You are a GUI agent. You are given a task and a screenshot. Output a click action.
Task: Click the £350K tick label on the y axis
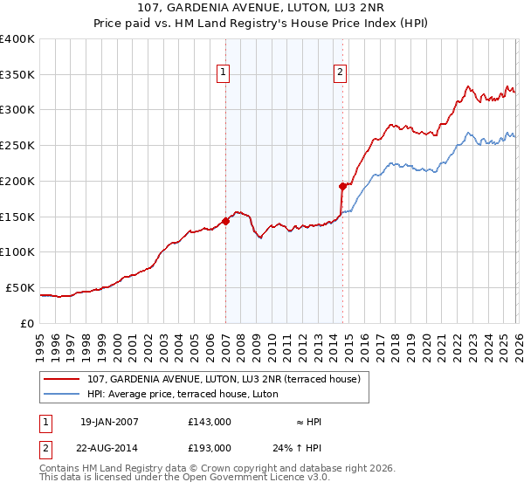coord(17,75)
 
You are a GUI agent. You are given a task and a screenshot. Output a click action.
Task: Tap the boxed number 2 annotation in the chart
coord(340,73)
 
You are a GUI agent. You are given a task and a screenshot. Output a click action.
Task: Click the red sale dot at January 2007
coord(225,221)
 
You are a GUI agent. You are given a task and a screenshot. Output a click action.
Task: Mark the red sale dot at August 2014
coord(342,185)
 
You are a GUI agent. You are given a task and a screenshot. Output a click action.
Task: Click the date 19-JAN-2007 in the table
coord(108,422)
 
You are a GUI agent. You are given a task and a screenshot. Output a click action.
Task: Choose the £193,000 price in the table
coord(210,447)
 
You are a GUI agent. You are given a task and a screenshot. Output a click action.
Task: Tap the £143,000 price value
coord(210,422)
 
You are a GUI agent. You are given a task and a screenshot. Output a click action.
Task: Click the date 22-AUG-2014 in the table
coord(109,447)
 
